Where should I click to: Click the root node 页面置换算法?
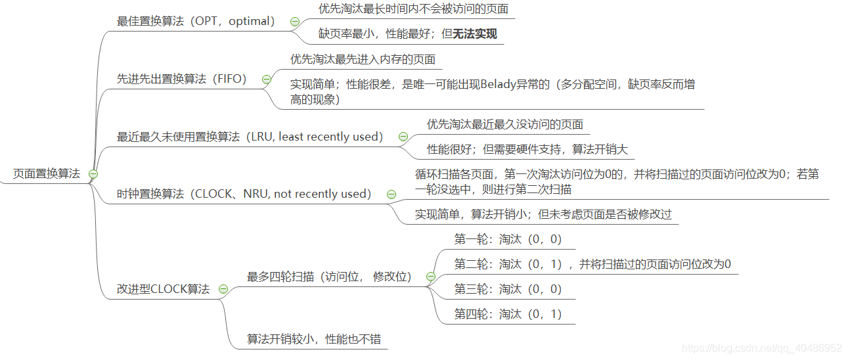[46, 173]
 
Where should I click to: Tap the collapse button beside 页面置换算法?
[93, 174]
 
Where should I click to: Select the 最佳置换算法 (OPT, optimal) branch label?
[195, 21]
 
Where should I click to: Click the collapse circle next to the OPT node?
[295, 22]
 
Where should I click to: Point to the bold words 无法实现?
[474, 34]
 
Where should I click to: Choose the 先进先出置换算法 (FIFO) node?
[181, 79]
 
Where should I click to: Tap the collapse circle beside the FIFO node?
[267, 79]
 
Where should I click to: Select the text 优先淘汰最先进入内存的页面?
[363, 59]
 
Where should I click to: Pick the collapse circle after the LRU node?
[403, 137]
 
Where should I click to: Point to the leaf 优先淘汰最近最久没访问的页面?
[504, 124]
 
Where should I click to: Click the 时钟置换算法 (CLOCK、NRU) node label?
[244, 194]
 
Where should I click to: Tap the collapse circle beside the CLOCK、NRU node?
[391, 194]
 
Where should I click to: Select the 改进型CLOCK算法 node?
[163, 289]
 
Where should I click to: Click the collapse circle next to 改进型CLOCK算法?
[223, 290]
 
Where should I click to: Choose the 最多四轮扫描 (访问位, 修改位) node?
[329, 277]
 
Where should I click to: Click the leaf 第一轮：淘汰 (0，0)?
[508, 239]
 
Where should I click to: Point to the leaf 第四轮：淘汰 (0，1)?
[508, 314]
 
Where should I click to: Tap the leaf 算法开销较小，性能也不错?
[313, 339]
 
